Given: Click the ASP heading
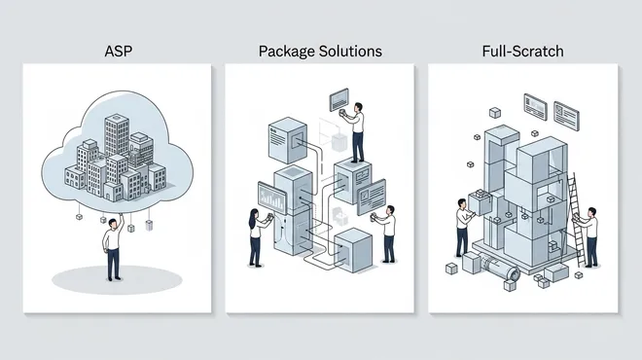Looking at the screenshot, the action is pos(118,52).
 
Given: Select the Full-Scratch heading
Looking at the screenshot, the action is pos(523,52).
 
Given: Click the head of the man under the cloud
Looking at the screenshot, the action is pos(112,224).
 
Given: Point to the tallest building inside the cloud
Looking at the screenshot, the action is pos(117,134).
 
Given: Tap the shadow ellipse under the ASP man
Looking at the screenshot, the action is pos(117,279).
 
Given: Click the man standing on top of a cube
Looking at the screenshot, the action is pos(355,132).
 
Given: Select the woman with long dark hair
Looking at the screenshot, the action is pos(257,237).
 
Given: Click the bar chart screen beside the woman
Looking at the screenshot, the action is pos(272,198).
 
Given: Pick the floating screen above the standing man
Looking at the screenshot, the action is pos(339,100).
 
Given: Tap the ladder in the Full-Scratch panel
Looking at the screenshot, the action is pos(576,219).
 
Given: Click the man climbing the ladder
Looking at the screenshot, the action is pos(588,236).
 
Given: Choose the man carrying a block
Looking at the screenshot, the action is pos(463,228).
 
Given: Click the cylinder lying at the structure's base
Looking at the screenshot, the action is pos(500,267).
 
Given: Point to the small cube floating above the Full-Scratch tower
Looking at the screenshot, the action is pos(495,112).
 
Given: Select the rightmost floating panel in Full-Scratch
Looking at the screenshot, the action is pos(567,116).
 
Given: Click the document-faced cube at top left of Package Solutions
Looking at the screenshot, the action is pos(288,140).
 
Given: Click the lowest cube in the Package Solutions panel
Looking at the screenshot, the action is pos(353,250).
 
